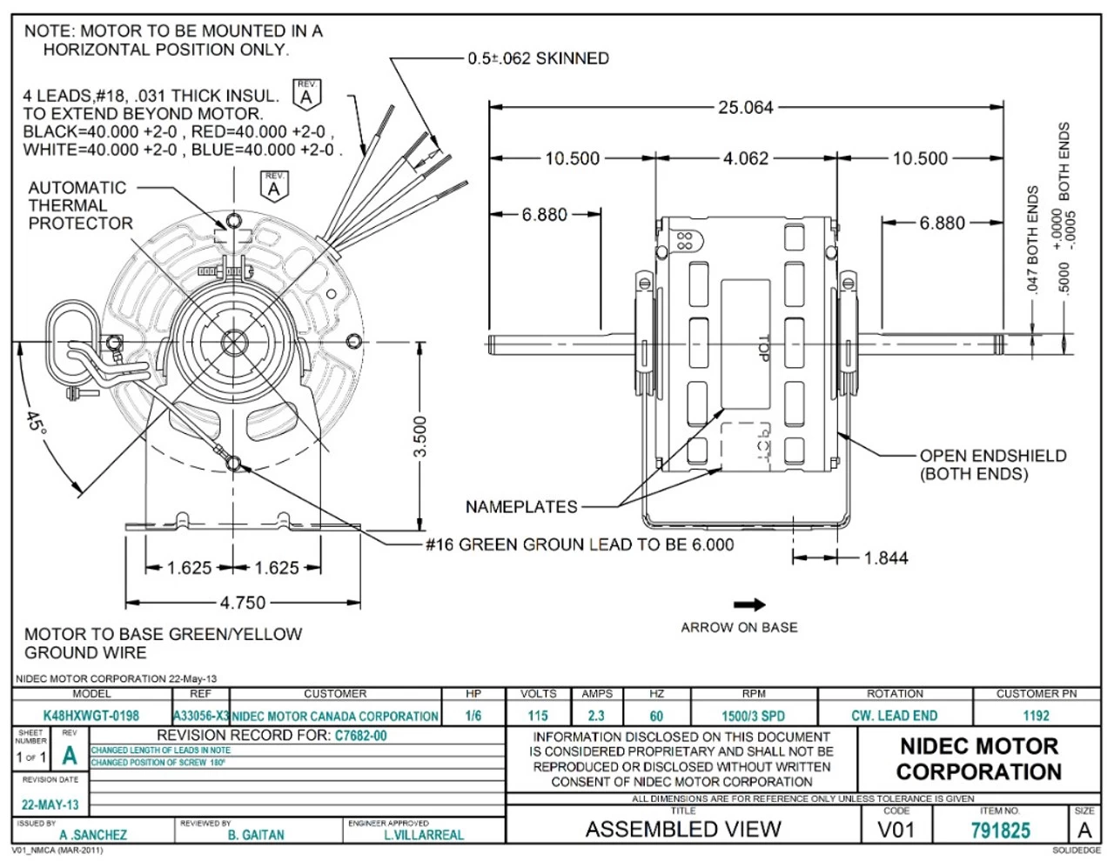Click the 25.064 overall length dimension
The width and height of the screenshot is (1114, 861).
click(x=745, y=107)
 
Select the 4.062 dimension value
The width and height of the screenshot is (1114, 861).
click(x=746, y=158)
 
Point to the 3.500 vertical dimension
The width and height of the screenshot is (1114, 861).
click(x=419, y=436)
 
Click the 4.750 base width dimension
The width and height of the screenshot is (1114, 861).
click(x=243, y=602)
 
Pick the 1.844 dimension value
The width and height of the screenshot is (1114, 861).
click(x=886, y=557)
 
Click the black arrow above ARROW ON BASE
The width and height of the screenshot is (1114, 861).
click(x=748, y=604)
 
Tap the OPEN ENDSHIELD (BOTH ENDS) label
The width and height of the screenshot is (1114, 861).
click(x=992, y=464)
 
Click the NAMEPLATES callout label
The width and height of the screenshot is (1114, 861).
click(x=520, y=506)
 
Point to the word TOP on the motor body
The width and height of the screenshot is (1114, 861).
click(x=763, y=349)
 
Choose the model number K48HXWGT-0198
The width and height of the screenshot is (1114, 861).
click(x=91, y=716)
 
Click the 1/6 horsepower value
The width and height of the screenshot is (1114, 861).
click(x=473, y=716)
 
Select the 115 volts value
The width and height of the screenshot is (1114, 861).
click(x=538, y=716)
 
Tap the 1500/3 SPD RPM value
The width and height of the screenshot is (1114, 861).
click(x=753, y=716)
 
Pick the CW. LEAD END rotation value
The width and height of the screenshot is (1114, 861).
click(x=894, y=716)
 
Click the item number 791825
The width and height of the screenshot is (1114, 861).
click(x=1000, y=831)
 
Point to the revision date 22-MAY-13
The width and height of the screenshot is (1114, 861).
click(x=50, y=804)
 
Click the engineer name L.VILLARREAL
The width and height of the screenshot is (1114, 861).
click(x=424, y=835)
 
